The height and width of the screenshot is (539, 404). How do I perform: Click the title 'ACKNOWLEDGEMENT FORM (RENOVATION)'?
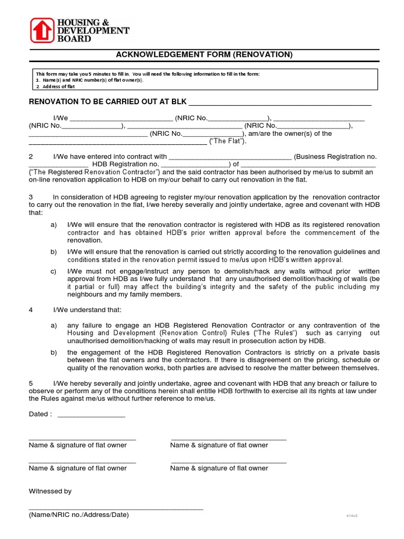(x=204, y=55)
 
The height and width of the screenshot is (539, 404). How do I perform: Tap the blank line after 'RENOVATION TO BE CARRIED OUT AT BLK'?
(x=279, y=103)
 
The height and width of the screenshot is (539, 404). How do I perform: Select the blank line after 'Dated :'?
(x=91, y=415)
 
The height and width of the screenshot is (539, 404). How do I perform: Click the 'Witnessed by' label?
(x=50, y=491)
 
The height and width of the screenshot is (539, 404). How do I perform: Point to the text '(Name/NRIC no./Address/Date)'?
(x=78, y=515)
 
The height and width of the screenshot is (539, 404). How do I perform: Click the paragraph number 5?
(x=31, y=383)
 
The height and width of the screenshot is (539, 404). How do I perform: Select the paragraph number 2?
(x=31, y=157)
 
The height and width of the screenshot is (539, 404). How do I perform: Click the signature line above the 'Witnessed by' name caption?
(x=116, y=508)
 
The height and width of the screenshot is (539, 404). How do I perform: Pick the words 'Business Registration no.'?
(x=335, y=157)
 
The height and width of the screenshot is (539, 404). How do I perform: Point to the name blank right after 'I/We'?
(x=121, y=118)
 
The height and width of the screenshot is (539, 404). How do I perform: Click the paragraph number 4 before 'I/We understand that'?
(x=31, y=310)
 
